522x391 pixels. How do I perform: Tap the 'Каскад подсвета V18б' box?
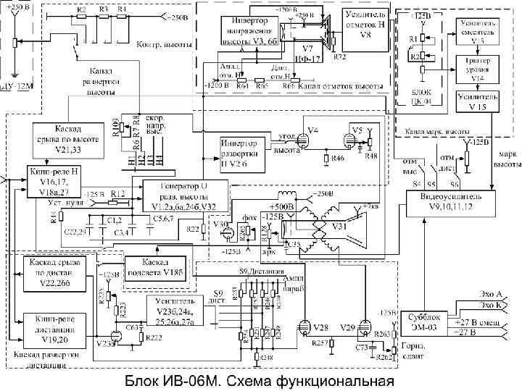pos(158,266)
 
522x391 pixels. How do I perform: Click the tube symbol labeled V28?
pos(303,329)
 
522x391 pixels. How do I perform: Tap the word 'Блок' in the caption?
pos(144,381)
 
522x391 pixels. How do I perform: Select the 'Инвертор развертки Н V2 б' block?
pos(243,148)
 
